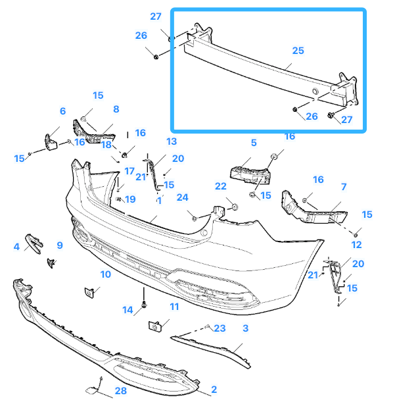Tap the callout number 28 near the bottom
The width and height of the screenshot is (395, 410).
click(x=120, y=391)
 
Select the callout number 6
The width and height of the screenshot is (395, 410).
click(x=62, y=111)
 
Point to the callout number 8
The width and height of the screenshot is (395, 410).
click(x=116, y=109)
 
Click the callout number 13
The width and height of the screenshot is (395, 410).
click(x=172, y=141)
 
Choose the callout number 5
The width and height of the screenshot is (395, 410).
click(x=253, y=142)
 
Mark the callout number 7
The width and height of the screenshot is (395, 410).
click(x=343, y=188)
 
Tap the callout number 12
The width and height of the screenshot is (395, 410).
click(x=356, y=245)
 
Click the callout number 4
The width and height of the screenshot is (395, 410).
click(x=16, y=247)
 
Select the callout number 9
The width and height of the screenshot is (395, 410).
click(x=59, y=245)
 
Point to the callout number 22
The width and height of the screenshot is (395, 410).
click(x=221, y=186)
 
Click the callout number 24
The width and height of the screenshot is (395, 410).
click(x=182, y=197)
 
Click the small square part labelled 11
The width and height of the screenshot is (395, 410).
click(x=156, y=326)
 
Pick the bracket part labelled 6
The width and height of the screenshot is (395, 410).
click(x=51, y=141)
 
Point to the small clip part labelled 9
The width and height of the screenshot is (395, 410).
click(x=50, y=263)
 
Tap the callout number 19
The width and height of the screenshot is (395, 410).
click(x=130, y=199)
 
